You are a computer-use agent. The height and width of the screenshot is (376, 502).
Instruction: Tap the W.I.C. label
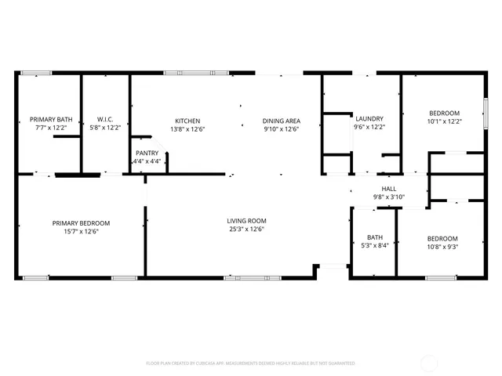coord(106,120)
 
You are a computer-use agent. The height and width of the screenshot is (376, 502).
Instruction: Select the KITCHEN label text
coord(187,121)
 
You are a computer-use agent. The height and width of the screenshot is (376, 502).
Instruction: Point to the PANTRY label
coord(147,154)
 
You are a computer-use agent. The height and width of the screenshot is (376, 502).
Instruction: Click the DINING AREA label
coord(281,121)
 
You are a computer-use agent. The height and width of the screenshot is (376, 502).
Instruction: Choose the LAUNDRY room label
coord(369,119)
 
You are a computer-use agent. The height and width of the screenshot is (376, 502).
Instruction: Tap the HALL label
coord(388,189)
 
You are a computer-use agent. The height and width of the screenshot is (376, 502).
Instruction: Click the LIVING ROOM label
coord(247,222)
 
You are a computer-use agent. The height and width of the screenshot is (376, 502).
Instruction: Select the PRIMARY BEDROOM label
coord(81,223)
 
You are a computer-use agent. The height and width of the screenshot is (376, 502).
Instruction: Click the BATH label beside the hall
coord(374,237)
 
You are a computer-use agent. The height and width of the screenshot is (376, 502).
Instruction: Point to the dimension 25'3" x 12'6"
coord(247,230)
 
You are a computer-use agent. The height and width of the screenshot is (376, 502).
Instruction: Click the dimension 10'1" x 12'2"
coord(444,121)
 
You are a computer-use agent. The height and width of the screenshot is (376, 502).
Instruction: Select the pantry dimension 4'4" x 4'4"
coord(147,161)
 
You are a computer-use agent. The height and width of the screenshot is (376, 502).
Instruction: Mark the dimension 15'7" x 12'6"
coord(81,231)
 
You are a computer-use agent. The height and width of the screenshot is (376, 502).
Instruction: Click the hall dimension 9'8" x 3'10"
coord(388,197)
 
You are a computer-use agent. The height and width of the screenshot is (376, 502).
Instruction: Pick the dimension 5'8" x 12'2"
coord(106,127)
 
